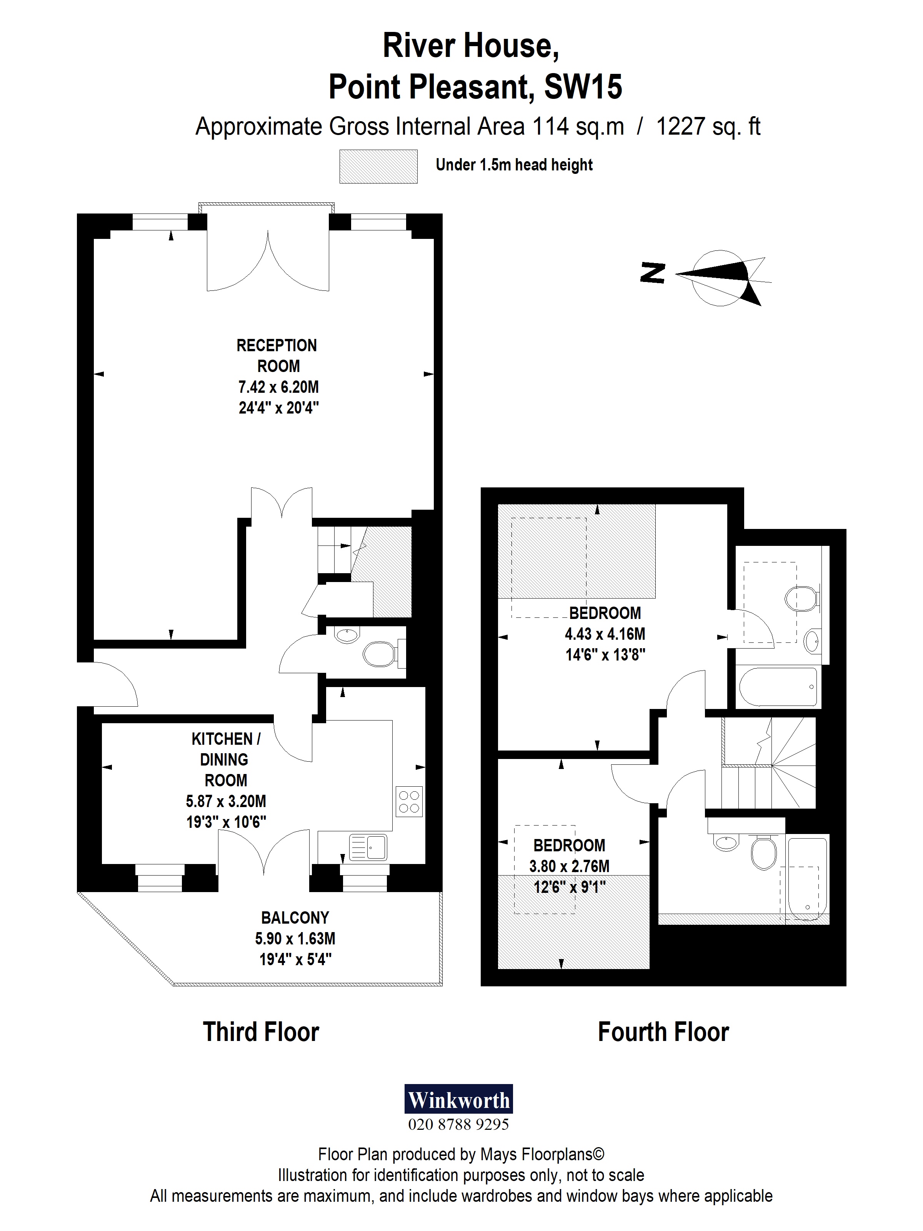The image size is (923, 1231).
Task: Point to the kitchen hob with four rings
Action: [x=409, y=801]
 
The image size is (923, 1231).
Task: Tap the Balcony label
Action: [x=295, y=918]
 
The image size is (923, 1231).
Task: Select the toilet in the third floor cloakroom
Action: [x=380, y=654]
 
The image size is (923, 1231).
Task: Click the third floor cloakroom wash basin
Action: [x=347, y=634]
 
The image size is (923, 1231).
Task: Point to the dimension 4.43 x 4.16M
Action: [x=605, y=634]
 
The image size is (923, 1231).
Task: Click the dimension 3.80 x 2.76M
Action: [x=569, y=866]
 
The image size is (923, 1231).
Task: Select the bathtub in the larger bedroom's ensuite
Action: [x=779, y=686]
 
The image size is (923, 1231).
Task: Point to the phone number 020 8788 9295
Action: [x=458, y=1125]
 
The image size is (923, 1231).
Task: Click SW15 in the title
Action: [x=583, y=87]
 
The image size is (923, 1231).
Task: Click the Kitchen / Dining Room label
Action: [x=226, y=760]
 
